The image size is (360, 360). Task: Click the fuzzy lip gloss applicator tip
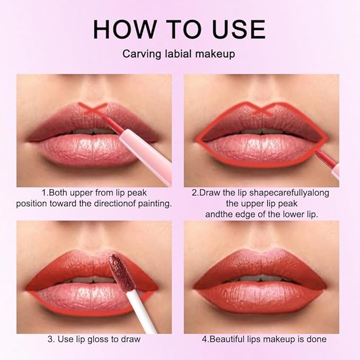[116, 267]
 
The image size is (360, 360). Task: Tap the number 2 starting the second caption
[194, 192]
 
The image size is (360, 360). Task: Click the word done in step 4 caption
[315, 339]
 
